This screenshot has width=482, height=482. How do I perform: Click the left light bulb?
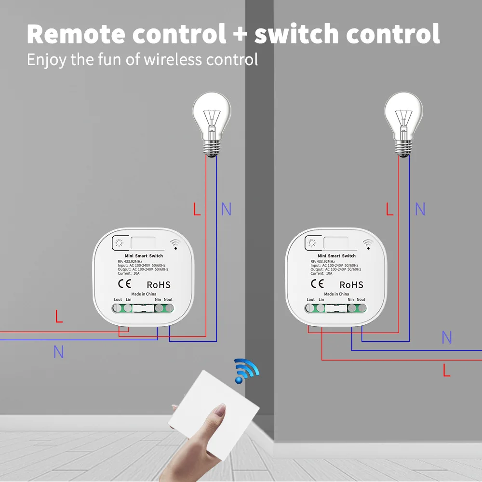pyautogui.click(x=212, y=124)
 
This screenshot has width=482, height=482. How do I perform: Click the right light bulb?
pyautogui.click(x=403, y=124)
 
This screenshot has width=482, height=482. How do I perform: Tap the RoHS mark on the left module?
pyautogui.click(x=158, y=285)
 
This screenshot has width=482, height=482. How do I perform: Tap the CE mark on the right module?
pyautogui.click(x=317, y=283)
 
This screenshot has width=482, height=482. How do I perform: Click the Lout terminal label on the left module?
pyautogui.click(x=118, y=299)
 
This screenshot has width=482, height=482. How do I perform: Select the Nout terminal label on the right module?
pyautogui.click(x=361, y=299)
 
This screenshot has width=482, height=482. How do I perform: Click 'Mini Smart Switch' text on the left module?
pyautogui.click(x=144, y=256)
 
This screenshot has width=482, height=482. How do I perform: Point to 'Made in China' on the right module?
pyautogui.click(x=336, y=294)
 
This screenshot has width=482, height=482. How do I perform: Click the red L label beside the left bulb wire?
pyautogui.click(x=197, y=209)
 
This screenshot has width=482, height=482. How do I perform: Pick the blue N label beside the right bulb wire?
pyautogui.click(x=420, y=209)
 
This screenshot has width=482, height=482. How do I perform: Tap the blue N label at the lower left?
pyautogui.click(x=58, y=352)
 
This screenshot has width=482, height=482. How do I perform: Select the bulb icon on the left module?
pyautogui.click(x=119, y=243)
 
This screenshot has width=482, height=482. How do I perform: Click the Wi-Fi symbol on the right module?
pyautogui.click(x=367, y=244)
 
